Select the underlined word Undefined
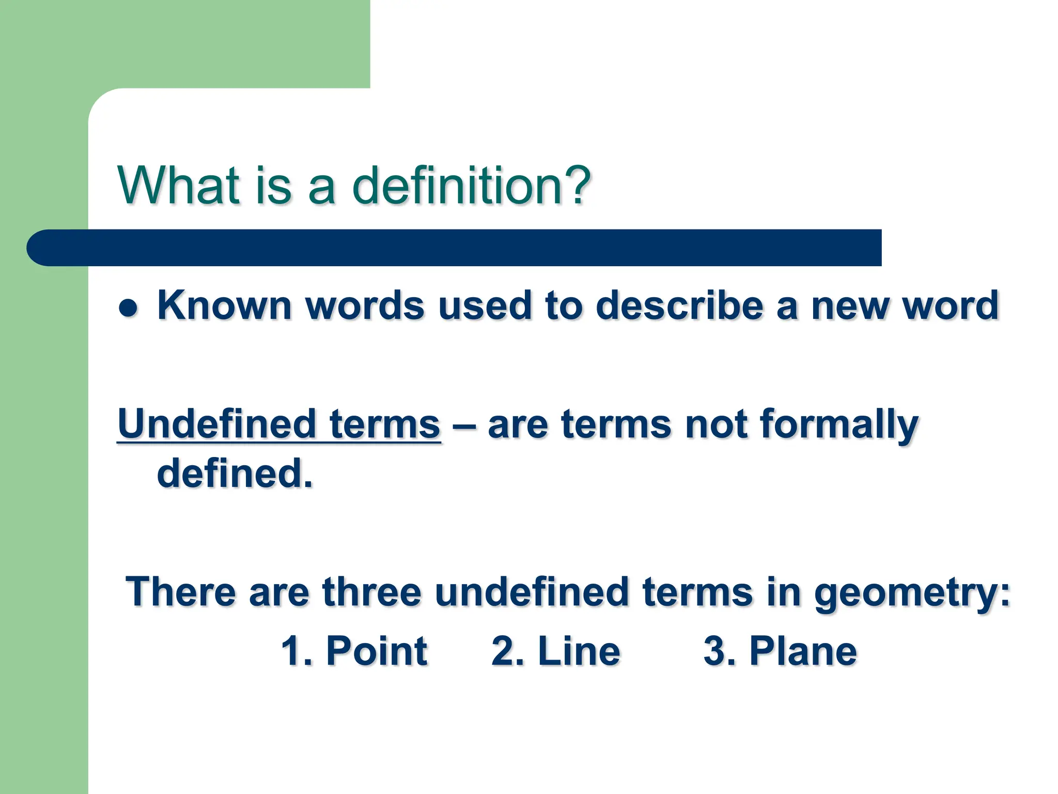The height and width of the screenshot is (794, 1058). coord(216,424)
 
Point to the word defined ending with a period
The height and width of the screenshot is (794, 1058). coord(235,473)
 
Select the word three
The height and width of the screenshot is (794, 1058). coord(371,592)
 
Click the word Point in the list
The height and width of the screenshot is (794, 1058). coord(376,651)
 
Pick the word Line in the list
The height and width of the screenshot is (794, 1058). coord(579,651)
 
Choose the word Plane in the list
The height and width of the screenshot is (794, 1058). coord(803,651)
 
